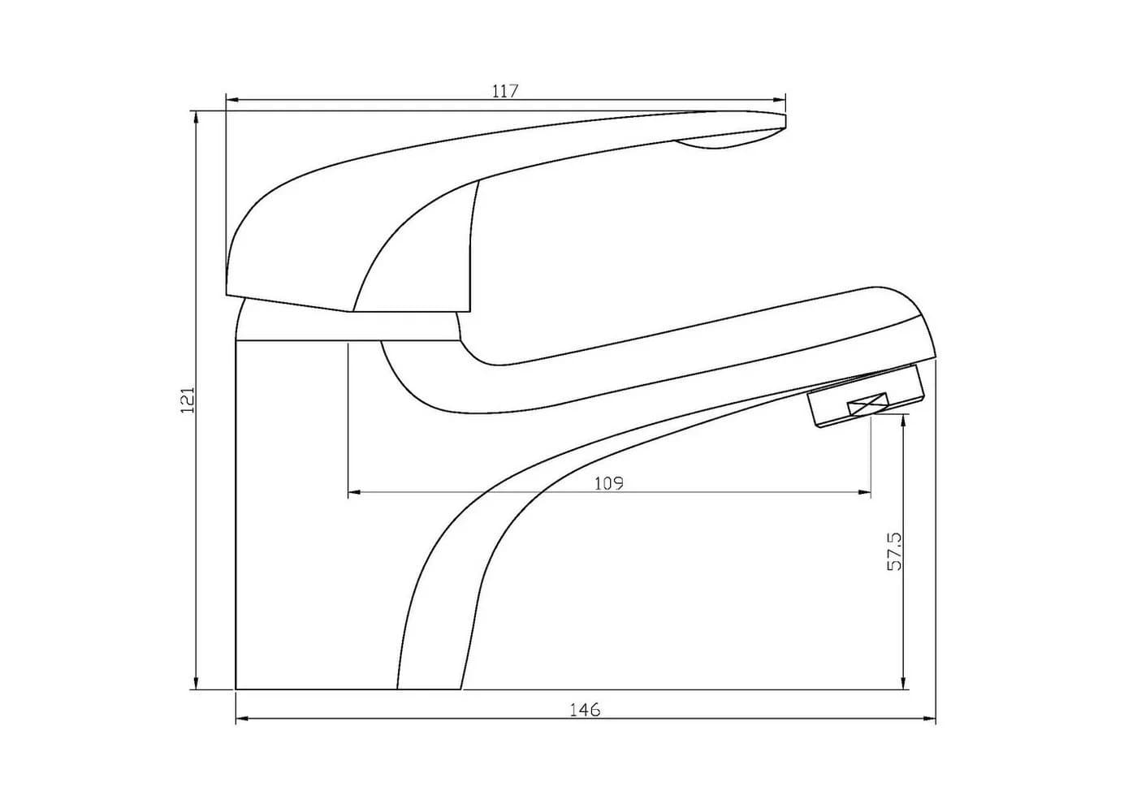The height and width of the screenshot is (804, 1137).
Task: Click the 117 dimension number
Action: click(x=505, y=91)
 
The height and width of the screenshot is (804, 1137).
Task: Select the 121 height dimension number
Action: click(x=188, y=400)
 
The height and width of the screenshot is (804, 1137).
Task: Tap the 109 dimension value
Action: click(x=608, y=484)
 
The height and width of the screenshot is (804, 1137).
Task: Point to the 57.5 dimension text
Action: click(x=895, y=551)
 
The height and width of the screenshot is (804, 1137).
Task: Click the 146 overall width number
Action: click(x=584, y=710)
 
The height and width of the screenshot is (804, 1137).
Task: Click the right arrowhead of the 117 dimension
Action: click(x=779, y=101)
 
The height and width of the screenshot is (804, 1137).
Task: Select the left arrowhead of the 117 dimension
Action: click(x=232, y=101)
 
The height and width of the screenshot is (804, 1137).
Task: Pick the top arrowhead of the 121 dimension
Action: click(x=196, y=118)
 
